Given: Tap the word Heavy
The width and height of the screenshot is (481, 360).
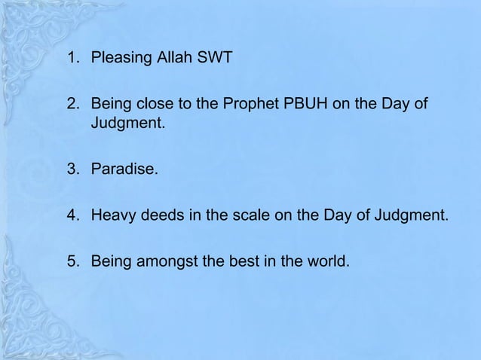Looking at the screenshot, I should coord(112,218).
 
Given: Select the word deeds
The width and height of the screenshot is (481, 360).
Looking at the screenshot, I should coord(159,218).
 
